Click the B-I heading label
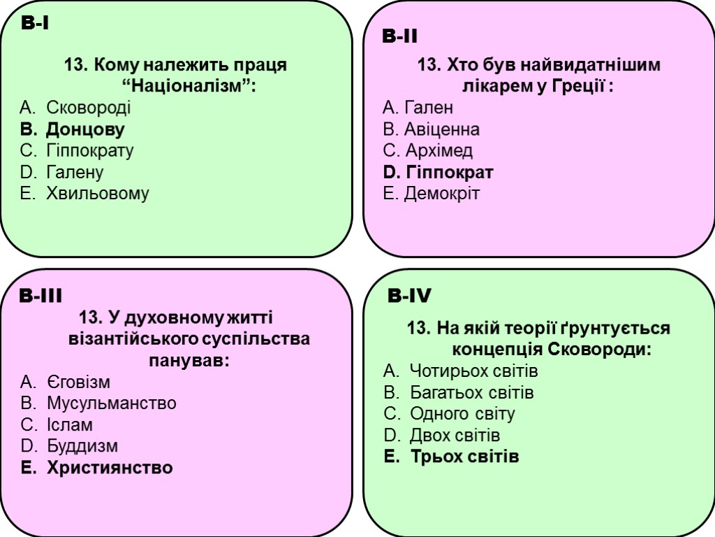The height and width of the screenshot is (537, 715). (x=34, y=24)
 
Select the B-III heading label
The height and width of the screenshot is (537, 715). (x=41, y=296)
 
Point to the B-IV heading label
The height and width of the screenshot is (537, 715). (x=409, y=297)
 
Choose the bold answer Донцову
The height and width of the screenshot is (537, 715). (x=85, y=129)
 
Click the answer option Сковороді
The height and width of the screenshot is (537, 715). (x=88, y=108)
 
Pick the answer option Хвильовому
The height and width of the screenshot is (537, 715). (x=97, y=194)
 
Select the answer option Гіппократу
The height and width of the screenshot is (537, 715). (x=89, y=150)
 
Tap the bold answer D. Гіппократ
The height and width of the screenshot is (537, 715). (x=438, y=172)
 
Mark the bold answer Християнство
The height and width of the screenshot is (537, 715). (x=109, y=468)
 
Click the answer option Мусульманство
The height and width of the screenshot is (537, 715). (x=111, y=403)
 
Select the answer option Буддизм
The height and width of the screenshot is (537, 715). (x=82, y=446)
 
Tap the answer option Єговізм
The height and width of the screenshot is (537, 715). (x=78, y=382)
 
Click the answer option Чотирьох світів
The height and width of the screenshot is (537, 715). (x=473, y=371)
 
